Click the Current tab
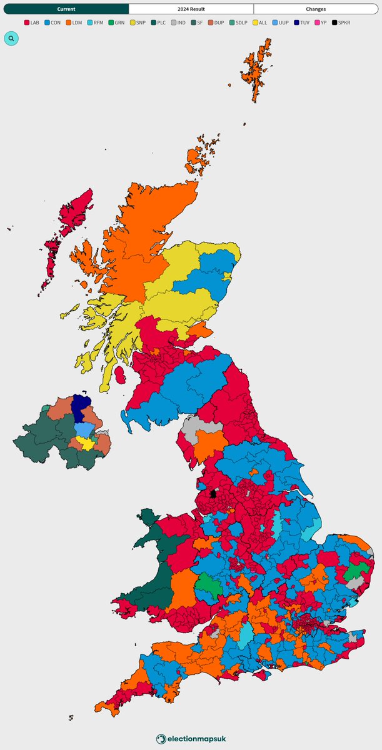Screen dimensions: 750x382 coord(66,9)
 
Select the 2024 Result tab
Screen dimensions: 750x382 coord(191,9)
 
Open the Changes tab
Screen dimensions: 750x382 coord(316,9)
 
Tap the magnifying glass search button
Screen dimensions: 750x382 coord(11,38)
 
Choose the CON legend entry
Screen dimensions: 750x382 coord(52,22)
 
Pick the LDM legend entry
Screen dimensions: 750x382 coord(74,22)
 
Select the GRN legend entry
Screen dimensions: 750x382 coord(116,22)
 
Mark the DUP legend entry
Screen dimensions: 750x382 coord(216,22)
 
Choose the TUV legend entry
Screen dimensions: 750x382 coord(302,22)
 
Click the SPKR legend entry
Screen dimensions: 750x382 coord(343,22)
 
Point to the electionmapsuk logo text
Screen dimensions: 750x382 coord(191,739)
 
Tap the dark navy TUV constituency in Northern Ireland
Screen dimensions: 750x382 coord(81,408)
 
